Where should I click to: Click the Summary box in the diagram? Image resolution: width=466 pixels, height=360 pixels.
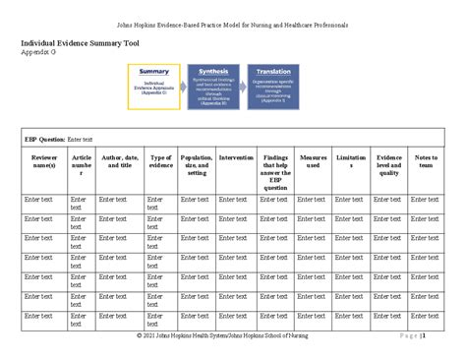pos(154,87)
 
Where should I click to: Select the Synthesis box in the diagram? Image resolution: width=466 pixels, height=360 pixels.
pos(213,87)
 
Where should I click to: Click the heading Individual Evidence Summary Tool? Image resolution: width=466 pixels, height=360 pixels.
pos(80,43)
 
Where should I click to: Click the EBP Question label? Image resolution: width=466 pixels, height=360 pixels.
pos(45,140)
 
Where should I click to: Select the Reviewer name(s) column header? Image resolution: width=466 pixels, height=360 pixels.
pos(44,161)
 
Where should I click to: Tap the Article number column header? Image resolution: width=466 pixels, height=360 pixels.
pos(82,165)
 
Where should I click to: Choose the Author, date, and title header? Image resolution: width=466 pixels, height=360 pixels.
pos(119,161)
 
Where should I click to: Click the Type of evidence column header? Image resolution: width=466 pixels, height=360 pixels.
pos(160,161)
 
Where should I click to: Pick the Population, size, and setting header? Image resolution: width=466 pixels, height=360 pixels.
pos(197,165)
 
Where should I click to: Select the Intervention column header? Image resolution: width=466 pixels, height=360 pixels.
pos(236,157)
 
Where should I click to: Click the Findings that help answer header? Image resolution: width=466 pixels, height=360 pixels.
pos(275,172)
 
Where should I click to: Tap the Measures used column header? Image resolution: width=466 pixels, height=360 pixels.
pos(313,161)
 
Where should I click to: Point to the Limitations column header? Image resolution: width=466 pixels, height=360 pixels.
pos(351,161)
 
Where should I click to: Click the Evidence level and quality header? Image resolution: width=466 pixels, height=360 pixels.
pos(389,165)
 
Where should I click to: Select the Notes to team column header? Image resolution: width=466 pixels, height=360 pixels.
pos(425,161)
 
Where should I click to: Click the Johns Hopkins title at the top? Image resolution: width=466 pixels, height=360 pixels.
pos(232,24)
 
